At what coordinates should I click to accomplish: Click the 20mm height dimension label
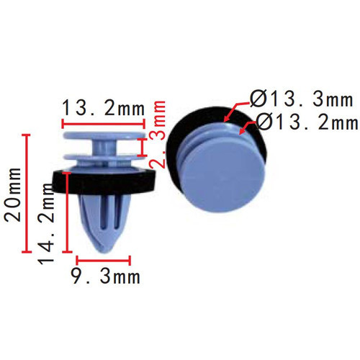click(x=12, y=194)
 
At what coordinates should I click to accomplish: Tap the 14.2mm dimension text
click(x=46, y=223)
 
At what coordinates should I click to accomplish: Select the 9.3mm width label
click(x=106, y=276)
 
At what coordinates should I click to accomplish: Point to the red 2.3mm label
click(x=158, y=135)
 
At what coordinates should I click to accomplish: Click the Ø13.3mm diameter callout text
click(x=301, y=99)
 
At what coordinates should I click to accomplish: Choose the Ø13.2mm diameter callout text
click(x=307, y=122)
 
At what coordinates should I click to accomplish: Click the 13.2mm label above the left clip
click(x=104, y=108)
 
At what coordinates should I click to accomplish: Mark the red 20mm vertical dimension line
click(x=27, y=193)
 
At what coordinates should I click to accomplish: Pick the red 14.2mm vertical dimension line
click(x=67, y=212)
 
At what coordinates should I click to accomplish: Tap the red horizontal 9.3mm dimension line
click(x=103, y=261)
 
